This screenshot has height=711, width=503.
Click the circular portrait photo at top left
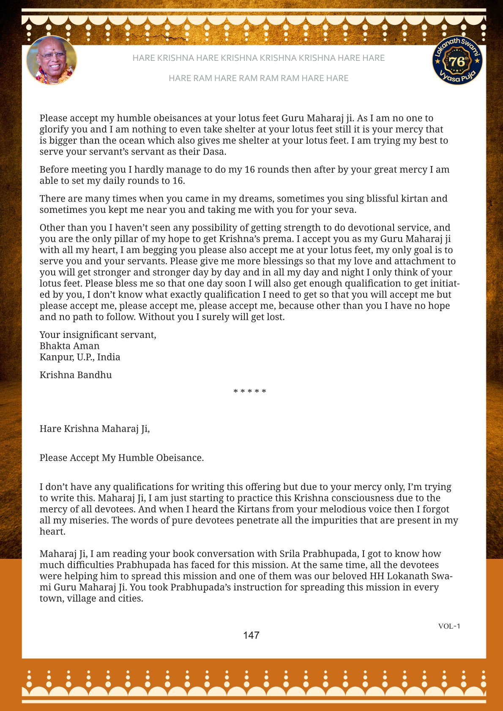52,60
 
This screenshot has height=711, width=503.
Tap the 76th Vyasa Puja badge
457,60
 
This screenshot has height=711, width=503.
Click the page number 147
251,635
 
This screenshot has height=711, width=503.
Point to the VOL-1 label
449,626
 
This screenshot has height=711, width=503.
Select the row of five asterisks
250,392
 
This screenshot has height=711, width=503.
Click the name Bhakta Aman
69,346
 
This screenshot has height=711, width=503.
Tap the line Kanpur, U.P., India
80,357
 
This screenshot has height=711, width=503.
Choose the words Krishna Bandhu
76,375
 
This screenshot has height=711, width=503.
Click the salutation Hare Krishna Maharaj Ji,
95,429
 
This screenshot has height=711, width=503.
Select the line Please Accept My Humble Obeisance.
122,458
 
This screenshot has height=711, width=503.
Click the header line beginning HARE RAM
258,78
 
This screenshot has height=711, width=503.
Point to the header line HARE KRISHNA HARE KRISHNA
258,58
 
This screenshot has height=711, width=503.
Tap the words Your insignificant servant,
98,335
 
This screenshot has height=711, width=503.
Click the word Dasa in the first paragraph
214,152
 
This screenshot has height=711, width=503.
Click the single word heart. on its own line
53,531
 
